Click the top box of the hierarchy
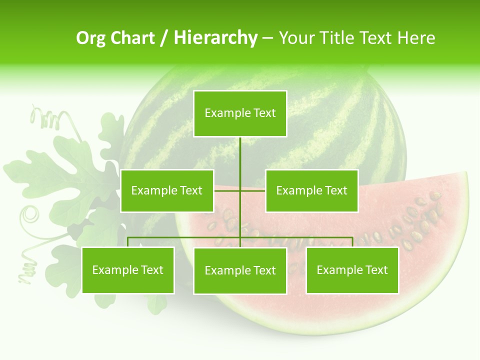(240, 113)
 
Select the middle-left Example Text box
(167, 190)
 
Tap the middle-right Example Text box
(311, 190)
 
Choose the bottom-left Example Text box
(128, 270)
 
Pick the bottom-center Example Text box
(240, 270)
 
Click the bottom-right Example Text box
(352, 270)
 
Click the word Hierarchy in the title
(215, 37)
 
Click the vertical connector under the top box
(240, 155)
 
